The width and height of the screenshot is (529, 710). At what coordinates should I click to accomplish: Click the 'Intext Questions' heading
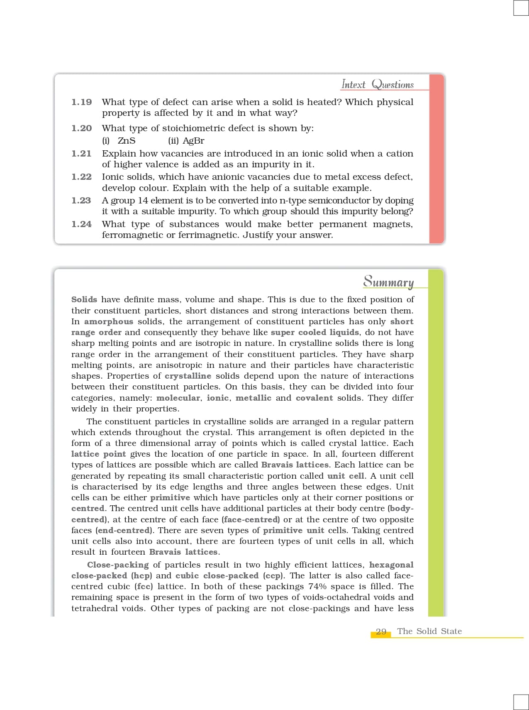click(x=377, y=84)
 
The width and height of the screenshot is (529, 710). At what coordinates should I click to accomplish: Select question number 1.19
click(x=81, y=102)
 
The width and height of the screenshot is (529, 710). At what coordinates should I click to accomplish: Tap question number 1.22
click(x=81, y=177)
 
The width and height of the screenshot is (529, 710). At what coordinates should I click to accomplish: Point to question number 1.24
click(x=81, y=224)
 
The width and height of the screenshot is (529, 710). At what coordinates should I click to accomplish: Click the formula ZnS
click(x=127, y=141)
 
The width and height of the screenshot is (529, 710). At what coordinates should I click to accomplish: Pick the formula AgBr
click(x=193, y=141)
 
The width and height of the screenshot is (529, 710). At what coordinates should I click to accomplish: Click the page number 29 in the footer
click(x=381, y=632)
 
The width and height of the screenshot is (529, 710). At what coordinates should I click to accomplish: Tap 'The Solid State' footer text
click(x=429, y=631)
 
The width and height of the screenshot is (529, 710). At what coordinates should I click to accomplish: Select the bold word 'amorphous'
click(x=109, y=322)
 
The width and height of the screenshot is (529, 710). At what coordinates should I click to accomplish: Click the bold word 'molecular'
click(x=178, y=398)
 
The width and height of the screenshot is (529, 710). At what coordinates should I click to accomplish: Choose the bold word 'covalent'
click(x=314, y=398)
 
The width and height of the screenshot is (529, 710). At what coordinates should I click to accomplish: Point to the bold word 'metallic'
click(x=253, y=398)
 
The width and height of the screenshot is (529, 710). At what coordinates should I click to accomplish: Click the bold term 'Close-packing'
click(x=118, y=565)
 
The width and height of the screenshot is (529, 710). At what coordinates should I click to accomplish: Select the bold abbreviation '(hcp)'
click(x=141, y=576)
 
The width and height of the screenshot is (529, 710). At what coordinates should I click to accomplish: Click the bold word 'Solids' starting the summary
click(x=84, y=299)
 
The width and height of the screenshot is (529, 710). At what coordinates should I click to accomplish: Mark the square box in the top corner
click(x=521, y=8)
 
